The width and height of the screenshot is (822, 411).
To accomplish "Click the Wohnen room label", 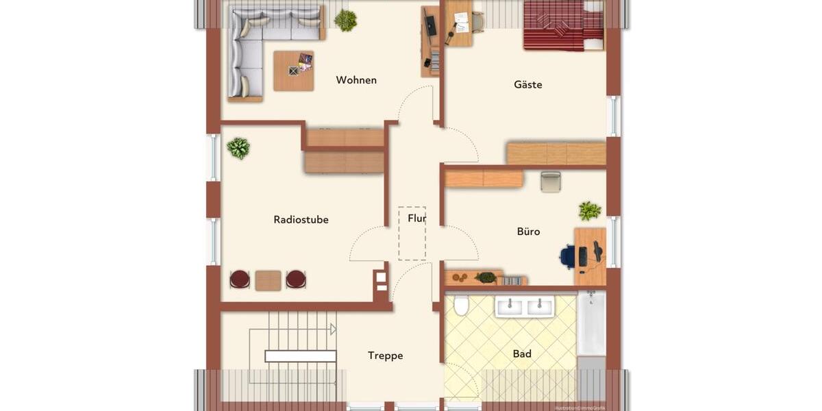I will pyautogui.click(x=356, y=80).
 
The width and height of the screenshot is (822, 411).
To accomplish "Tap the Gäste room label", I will pyautogui.click(x=528, y=85).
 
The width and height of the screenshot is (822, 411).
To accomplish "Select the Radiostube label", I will pyautogui.click(x=301, y=220).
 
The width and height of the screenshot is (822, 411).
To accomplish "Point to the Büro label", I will pyautogui.click(x=528, y=232).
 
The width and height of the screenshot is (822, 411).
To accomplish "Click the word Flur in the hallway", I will pyautogui.click(x=416, y=219).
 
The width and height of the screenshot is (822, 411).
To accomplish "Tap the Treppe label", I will pyautogui.click(x=385, y=356).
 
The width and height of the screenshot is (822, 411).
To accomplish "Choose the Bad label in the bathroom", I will pyautogui.click(x=522, y=354).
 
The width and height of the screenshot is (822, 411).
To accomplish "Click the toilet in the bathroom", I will pyautogui.click(x=461, y=306).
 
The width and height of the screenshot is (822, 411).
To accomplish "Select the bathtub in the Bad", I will pyautogui.click(x=590, y=323).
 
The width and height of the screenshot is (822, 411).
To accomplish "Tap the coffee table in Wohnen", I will pyautogui.click(x=294, y=71).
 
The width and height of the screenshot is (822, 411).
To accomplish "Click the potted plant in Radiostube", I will pyautogui.click(x=238, y=148).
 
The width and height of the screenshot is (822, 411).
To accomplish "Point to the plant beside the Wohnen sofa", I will pyautogui.click(x=346, y=21).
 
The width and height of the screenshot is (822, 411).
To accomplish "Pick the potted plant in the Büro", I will pyautogui.click(x=589, y=211).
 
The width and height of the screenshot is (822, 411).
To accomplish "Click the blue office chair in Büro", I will pyautogui.click(x=568, y=257).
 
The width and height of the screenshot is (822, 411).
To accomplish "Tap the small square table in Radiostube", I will pyautogui.click(x=268, y=280).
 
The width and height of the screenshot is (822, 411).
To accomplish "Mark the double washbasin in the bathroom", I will pyautogui.click(x=525, y=307).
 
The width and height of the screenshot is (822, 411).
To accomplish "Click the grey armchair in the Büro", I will pyautogui.click(x=551, y=182).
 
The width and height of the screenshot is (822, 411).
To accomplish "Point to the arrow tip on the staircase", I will pyautogui.click(x=334, y=329).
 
